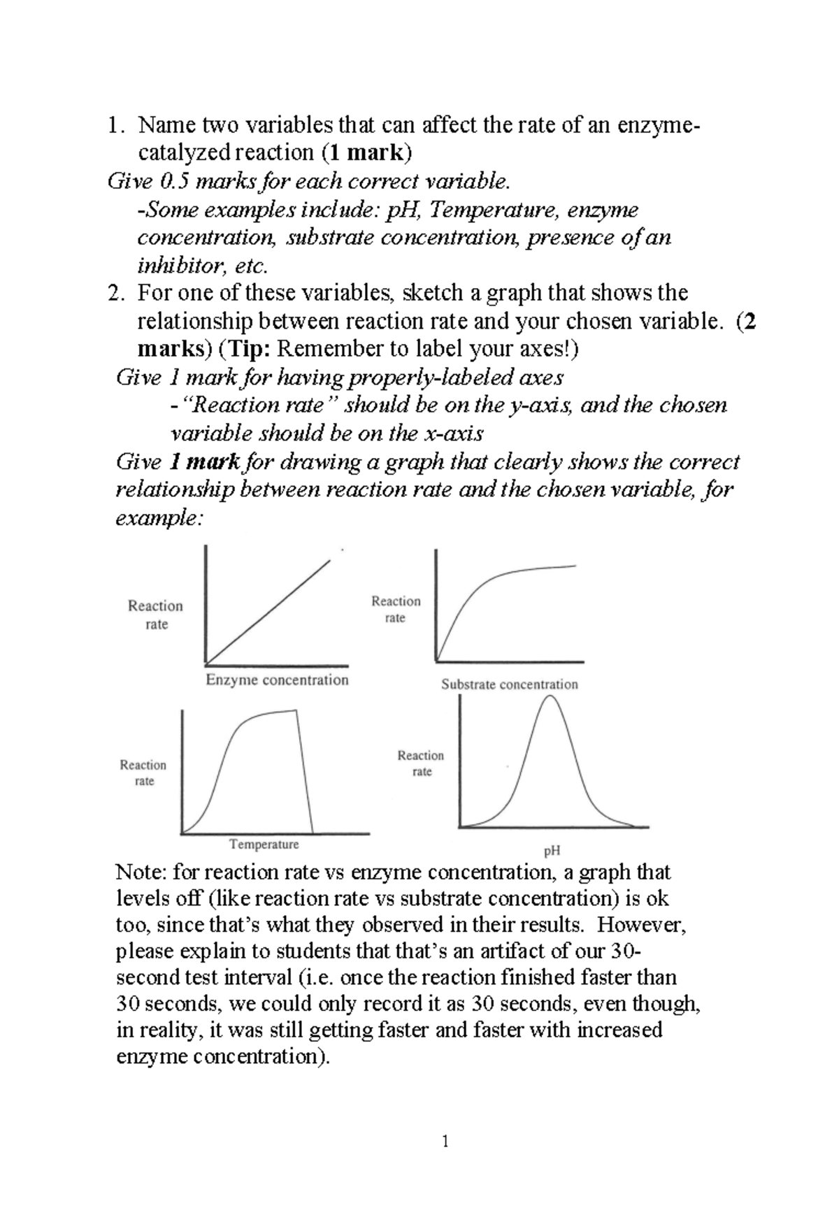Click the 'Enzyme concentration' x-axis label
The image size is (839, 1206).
tap(277, 680)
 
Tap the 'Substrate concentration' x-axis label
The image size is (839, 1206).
tap(509, 684)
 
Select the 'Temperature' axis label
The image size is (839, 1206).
tap(264, 845)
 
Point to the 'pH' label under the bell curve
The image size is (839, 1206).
tap(552, 851)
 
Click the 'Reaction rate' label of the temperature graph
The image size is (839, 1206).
tap(143, 773)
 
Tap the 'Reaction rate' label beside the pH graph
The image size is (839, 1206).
tap(421, 763)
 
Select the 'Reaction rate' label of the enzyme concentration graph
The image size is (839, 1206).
tap(155, 615)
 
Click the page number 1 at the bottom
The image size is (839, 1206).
tap(445, 1142)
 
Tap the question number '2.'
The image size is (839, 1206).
tap(115, 292)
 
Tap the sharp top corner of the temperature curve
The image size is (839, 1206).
tap(296, 711)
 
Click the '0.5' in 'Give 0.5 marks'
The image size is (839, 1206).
tap(175, 182)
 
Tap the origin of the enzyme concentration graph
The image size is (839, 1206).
tap(206, 663)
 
